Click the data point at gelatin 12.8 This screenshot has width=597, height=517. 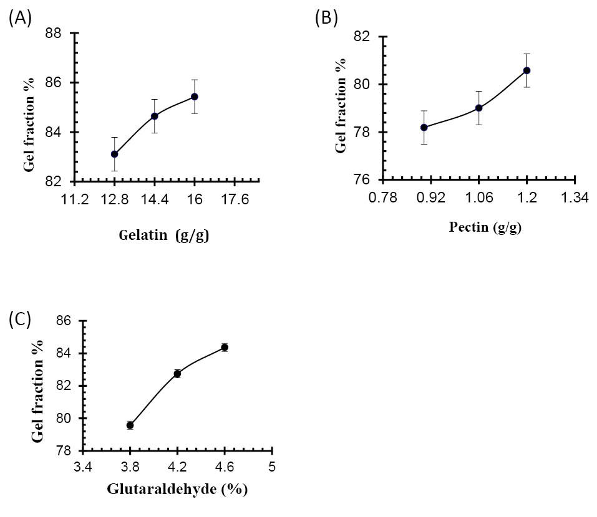click(x=115, y=154)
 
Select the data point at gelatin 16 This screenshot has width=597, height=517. click(x=195, y=97)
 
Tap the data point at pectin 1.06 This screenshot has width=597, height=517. click(x=478, y=108)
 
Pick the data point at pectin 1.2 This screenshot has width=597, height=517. click(x=527, y=70)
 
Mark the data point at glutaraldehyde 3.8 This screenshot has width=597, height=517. click(x=130, y=425)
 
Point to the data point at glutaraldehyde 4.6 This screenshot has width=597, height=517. click(x=225, y=347)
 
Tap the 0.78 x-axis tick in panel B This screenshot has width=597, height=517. click(x=382, y=198)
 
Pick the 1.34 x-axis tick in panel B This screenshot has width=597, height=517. click(x=575, y=198)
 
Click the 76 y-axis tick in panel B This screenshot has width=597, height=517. click(x=364, y=180)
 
